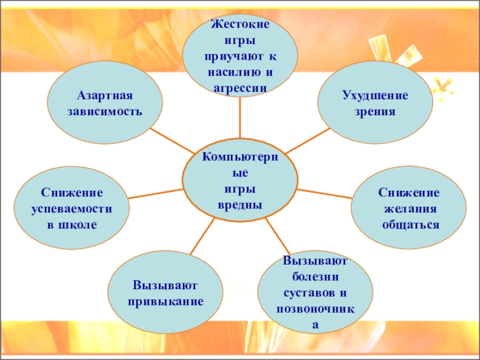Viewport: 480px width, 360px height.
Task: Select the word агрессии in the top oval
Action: tap(240, 87)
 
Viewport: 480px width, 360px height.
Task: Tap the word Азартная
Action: tap(104, 96)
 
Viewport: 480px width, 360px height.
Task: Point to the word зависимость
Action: tap(104, 112)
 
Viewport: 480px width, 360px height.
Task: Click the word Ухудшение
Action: tap(375, 96)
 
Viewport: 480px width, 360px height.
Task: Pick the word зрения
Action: tap(375, 112)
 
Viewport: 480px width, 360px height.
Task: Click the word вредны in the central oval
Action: tap(240, 205)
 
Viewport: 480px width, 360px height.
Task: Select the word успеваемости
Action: tap(72, 209)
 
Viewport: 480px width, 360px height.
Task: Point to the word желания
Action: tap(409, 209)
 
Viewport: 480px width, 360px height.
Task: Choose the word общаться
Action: tap(409, 224)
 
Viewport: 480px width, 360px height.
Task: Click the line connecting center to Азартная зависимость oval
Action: tap(172, 140)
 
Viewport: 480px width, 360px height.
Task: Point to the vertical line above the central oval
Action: tap(240, 118)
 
